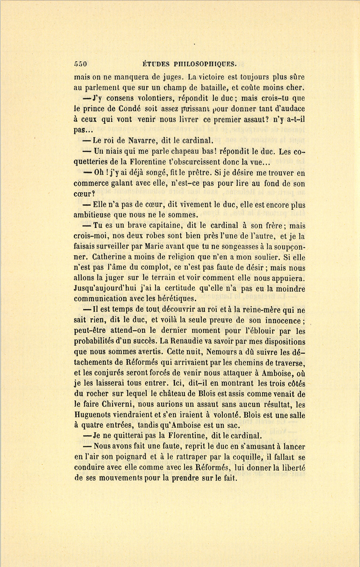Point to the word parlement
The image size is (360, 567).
(x=104, y=88)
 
